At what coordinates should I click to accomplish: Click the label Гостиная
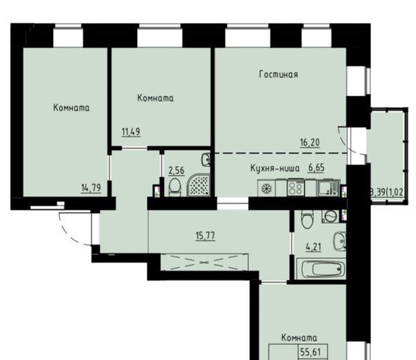pos(278,74)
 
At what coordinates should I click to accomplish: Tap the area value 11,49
pos(130,132)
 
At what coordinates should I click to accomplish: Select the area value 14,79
pos(91,187)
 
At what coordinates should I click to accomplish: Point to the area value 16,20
pos(310,142)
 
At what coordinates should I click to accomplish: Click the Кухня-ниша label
pos(275,168)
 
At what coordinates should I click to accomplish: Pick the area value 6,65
pos(316,168)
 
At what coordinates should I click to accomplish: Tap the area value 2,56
pos(176,170)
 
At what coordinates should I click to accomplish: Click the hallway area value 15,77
pos(205,235)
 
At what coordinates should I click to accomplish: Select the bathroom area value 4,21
pos(313,247)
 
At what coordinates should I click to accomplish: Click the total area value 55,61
pos(310,352)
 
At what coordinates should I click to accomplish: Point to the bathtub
pos(323,269)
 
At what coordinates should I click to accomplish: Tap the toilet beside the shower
pos(175,187)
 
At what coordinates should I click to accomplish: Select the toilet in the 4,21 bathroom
pos(307,219)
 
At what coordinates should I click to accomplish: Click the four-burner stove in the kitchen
pos(296,187)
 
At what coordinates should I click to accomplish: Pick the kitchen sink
pos(328,187)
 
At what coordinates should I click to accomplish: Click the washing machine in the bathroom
pos(330,216)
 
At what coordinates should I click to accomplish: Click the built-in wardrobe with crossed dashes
pos(205,262)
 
